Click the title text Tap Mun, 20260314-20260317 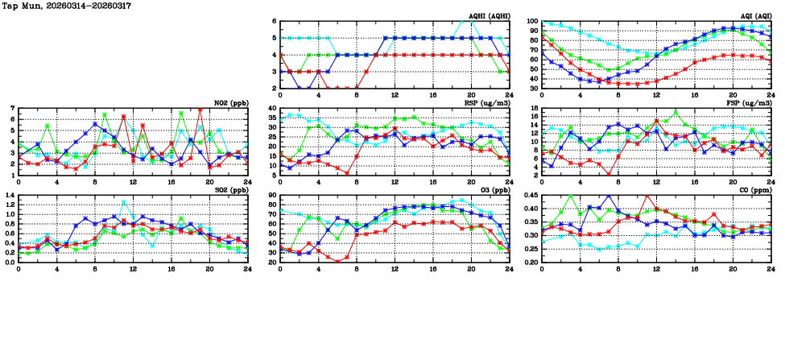(x=67, y=6)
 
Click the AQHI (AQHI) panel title (x=488, y=15)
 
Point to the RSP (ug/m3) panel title (x=487, y=102)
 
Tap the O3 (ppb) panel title (x=493, y=189)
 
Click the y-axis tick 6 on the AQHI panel (x=274, y=22)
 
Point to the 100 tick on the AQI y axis (x=531, y=22)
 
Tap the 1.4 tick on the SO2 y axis (x=9, y=196)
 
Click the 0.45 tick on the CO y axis (x=529, y=196)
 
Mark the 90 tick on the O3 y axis (x=271, y=196)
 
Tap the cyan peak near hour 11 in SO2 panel (x=123, y=201)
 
